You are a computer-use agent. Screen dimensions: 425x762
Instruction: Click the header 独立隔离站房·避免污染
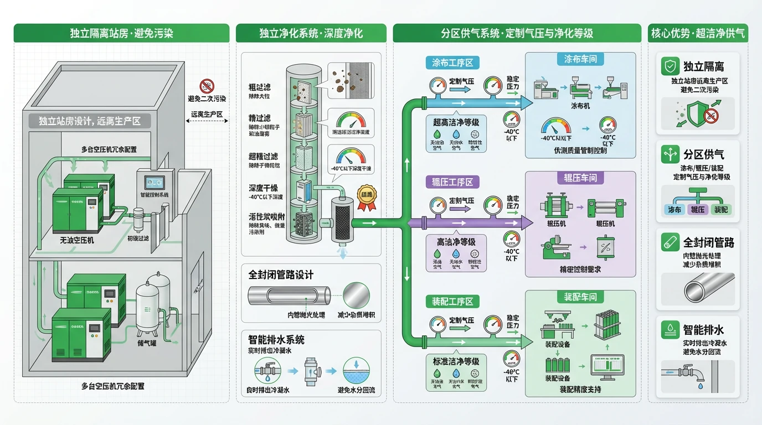tap(121, 33)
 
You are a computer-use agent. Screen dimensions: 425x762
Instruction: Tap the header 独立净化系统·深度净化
tap(311, 33)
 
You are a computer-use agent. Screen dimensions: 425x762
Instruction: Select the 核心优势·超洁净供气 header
tap(697, 33)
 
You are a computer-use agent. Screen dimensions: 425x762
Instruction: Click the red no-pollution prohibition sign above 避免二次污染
tap(207, 86)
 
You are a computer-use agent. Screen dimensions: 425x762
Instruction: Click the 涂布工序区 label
tap(452, 63)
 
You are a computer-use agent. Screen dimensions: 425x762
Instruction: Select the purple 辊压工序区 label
tap(452, 182)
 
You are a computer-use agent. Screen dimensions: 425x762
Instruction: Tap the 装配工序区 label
tap(452, 302)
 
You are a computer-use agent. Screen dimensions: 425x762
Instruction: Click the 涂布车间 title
tap(580, 59)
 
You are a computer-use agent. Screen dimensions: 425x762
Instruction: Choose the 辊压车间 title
tap(580, 178)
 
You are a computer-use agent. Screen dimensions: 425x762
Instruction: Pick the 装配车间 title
tap(580, 297)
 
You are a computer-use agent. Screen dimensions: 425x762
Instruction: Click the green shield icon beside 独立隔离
tap(670, 67)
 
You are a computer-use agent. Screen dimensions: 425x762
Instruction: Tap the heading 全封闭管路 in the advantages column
tap(708, 242)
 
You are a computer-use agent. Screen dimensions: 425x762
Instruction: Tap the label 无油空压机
tap(77, 241)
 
